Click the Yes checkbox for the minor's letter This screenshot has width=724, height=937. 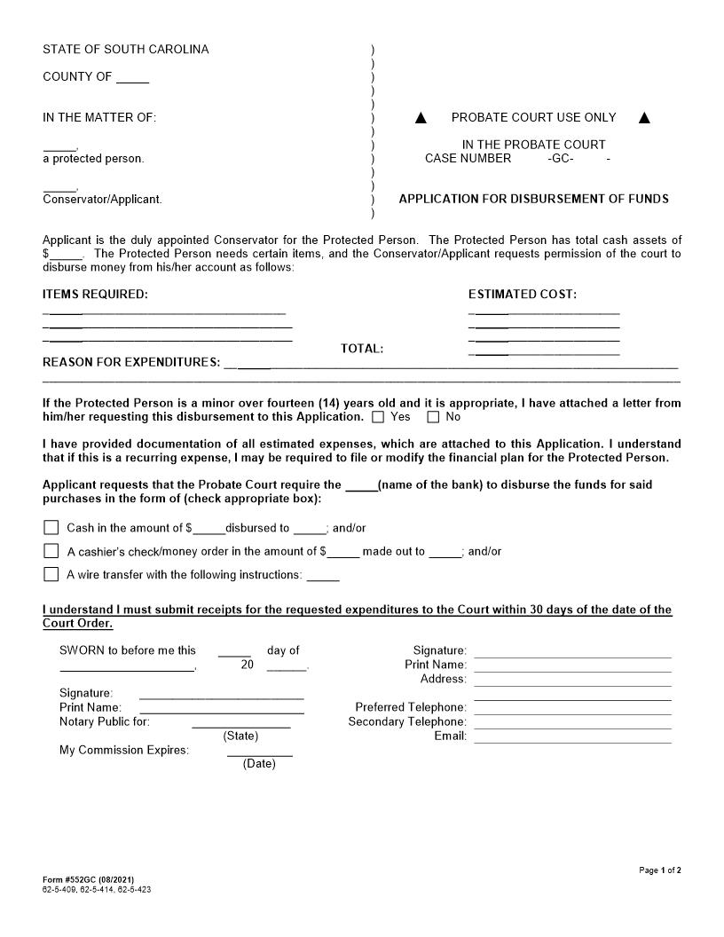point(379,417)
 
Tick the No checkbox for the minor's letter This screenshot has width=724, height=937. point(434,417)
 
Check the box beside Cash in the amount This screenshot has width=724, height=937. point(51,528)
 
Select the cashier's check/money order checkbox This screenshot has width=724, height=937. point(51,551)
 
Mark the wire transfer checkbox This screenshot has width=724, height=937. point(51,574)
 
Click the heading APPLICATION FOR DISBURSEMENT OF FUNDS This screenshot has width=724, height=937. point(533,199)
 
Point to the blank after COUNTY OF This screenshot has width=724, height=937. point(132,78)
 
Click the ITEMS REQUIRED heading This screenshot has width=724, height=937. point(96,295)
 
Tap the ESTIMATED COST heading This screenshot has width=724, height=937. point(522,295)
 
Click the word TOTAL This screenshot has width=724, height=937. point(362,349)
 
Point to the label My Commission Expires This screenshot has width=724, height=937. point(124,751)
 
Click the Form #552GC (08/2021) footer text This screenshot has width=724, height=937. point(88,879)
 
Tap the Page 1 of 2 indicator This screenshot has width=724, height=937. point(660,870)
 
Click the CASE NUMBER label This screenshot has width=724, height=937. point(468,159)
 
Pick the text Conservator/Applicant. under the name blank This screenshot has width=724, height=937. point(102,200)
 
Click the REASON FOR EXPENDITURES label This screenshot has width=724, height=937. point(131,363)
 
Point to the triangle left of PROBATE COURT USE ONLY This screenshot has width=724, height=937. point(421,118)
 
